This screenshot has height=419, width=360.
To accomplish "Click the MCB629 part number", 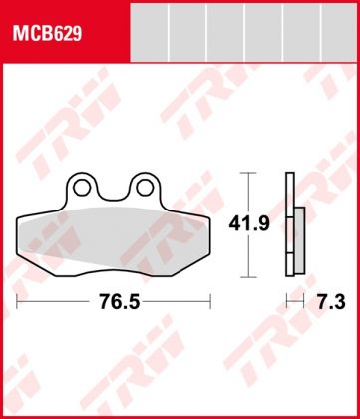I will (x=47, y=34).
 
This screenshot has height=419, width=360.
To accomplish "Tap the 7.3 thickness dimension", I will (x=320, y=299).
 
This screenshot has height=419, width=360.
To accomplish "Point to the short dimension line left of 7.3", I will (x=291, y=299).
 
